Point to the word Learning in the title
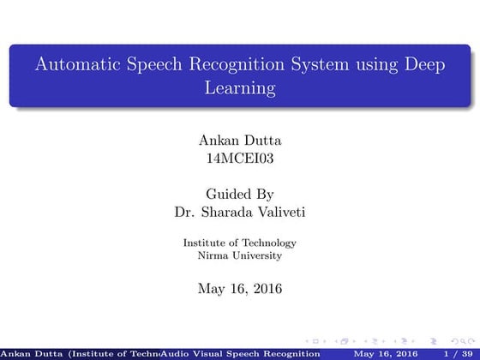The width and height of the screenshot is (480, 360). (240, 87)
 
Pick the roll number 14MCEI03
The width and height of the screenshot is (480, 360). (240, 158)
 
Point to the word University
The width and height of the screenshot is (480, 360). (255, 255)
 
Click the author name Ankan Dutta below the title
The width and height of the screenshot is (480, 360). (240, 140)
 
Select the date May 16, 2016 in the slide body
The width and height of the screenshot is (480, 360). (240, 289)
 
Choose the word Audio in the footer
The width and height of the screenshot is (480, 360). (172, 353)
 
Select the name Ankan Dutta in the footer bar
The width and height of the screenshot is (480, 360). (26, 353)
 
